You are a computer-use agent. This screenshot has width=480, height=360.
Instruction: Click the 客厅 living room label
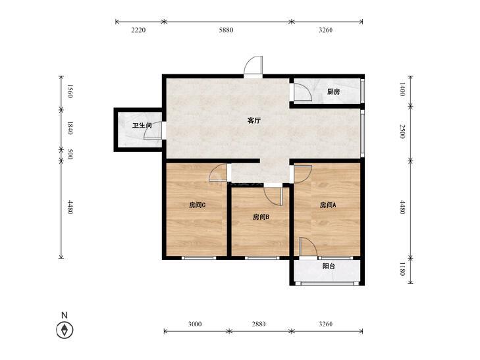click(253, 120)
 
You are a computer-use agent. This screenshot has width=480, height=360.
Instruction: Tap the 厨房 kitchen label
click(333, 91)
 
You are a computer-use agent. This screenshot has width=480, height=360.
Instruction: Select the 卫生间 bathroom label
click(142, 126)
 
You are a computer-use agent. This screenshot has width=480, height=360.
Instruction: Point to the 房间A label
click(328, 205)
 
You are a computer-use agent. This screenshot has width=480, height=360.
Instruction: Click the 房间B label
click(261, 217)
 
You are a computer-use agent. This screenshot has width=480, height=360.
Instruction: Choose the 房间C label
click(197, 205)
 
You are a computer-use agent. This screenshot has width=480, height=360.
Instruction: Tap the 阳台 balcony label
click(329, 266)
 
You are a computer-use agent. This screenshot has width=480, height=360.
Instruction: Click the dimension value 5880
click(226, 30)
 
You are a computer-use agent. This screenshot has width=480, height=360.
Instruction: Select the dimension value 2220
click(138, 30)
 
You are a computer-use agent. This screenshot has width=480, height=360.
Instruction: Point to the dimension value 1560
click(70, 91)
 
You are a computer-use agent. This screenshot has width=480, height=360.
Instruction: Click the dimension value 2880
click(259, 324)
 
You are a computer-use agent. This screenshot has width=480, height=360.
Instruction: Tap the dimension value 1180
click(402, 269)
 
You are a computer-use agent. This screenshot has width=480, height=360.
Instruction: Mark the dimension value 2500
click(402, 132)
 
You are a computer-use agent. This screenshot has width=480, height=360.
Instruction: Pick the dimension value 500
click(70, 154)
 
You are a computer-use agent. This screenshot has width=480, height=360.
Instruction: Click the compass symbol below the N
click(65, 330)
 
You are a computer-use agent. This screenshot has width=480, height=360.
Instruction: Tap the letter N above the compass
click(65, 315)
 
